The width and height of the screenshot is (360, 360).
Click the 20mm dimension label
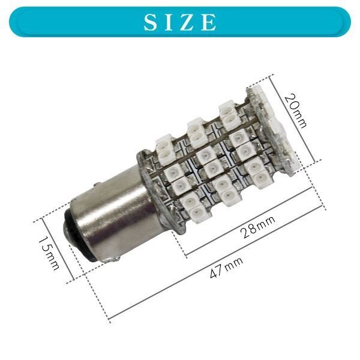point(296,110)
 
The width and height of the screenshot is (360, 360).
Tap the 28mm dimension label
point(257,227)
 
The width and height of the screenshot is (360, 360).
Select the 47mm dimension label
point(226,268)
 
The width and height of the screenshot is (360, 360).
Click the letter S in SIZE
point(152,22)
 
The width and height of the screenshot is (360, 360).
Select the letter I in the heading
point(169,22)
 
